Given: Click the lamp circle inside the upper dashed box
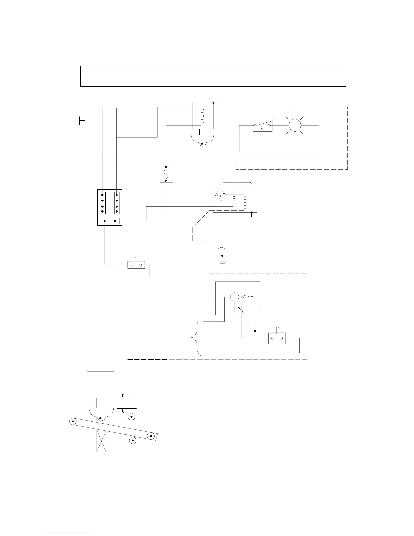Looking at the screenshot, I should pos(294,125).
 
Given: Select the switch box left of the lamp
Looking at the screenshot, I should pos(263,125).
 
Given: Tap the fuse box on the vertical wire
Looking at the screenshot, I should pos(166,174).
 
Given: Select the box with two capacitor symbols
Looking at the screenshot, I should pos(220,246).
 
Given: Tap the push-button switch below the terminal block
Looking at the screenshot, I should pos(136,264).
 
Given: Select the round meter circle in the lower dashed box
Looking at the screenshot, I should pos(234,297).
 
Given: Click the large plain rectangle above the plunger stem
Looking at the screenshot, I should pos(100,385).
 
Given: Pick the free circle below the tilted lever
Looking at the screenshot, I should pos(133,440).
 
